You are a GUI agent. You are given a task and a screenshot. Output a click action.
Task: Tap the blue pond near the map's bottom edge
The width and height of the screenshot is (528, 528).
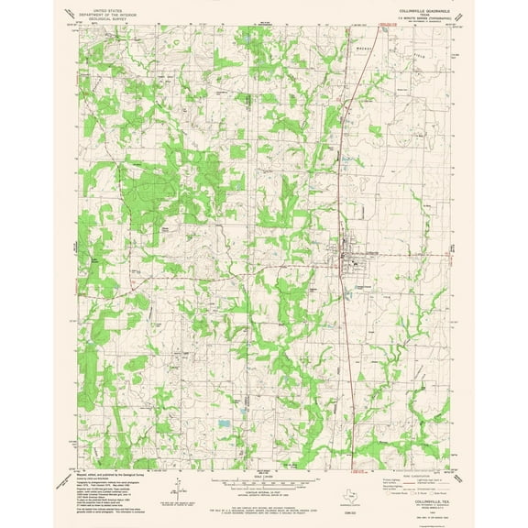click(x=225, y=425)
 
